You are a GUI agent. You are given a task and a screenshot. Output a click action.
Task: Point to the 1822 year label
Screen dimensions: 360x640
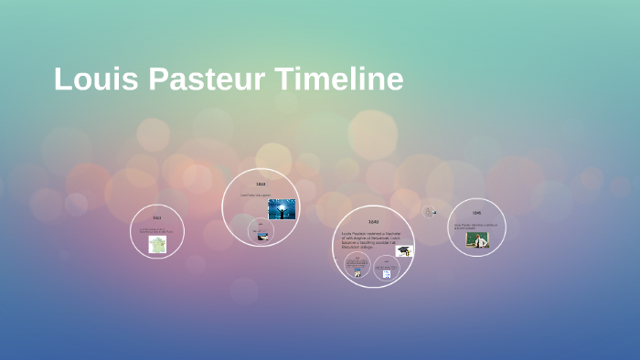point(156,217)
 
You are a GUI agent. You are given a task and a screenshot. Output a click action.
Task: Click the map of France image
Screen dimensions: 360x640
point(157,244)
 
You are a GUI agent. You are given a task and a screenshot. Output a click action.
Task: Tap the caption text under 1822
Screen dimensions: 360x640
point(156,230)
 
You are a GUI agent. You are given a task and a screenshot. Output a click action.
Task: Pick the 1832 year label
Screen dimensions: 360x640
point(261,185)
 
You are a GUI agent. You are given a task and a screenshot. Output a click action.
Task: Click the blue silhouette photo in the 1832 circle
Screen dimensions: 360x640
point(282,208)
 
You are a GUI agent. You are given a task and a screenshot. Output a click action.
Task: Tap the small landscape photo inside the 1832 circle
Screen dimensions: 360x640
point(262,237)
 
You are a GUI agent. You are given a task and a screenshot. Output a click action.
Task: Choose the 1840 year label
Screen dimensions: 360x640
point(373,222)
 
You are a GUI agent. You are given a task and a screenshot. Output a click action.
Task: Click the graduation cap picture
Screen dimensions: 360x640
point(404,250)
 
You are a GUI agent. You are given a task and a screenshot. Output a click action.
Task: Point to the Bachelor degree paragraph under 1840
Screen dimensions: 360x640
point(368,240)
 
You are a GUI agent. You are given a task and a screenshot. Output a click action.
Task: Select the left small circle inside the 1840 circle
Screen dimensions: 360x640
point(357,266)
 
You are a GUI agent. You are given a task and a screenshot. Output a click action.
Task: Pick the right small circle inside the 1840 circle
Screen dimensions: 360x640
point(386,267)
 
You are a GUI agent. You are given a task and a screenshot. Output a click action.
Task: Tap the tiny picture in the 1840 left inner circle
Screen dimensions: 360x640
point(357,271)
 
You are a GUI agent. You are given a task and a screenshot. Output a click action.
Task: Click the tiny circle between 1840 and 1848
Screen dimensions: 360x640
point(428,212)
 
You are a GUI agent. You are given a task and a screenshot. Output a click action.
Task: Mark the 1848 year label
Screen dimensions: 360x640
point(476,213)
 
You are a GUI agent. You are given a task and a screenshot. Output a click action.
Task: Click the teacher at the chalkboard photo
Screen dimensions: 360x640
point(477,239)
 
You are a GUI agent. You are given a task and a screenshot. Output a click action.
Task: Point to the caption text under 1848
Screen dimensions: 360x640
point(475,225)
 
